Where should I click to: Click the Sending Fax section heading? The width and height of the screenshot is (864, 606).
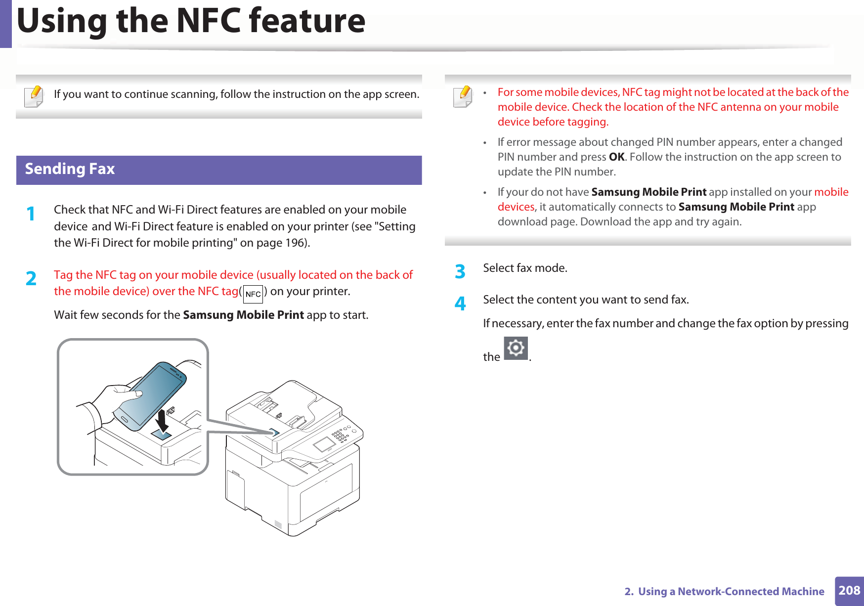point(70,169)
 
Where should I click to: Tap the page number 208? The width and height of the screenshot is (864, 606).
point(849,590)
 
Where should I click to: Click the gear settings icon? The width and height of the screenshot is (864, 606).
point(516,348)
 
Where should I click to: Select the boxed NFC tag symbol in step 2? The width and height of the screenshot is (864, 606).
point(253,294)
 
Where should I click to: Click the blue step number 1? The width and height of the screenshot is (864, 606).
point(31,214)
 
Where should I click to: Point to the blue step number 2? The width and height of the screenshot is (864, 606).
point(31,279)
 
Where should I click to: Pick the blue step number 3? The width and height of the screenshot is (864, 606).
point(460,271)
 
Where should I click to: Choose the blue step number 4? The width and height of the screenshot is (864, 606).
point(460,303)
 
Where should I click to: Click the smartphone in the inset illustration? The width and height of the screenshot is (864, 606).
point(150,395)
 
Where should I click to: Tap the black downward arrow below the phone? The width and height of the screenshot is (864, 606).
point(162,421)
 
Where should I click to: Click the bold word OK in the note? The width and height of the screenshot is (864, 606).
point(616,157)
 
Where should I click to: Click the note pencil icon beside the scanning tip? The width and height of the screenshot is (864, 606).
point(34,96)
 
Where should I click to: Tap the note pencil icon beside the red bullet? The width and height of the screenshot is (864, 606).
point(463,96)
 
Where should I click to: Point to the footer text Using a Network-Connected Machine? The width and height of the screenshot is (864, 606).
point(731,591)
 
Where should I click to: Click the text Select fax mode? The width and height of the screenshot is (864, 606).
point(525,268)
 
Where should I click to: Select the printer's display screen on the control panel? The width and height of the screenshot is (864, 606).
point(324,444)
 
